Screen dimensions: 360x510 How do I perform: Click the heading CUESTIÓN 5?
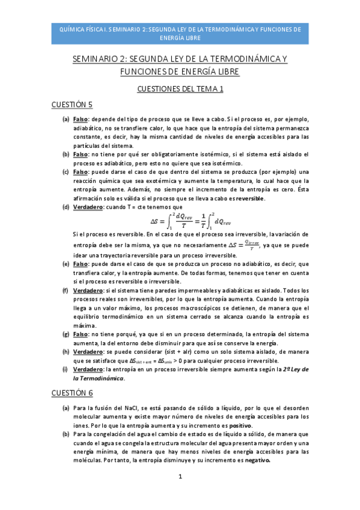tap(89, 105)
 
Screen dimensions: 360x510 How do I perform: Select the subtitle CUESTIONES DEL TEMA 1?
tap(180, 88)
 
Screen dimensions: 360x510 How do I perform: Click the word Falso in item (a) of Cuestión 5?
tap(81, 120)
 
